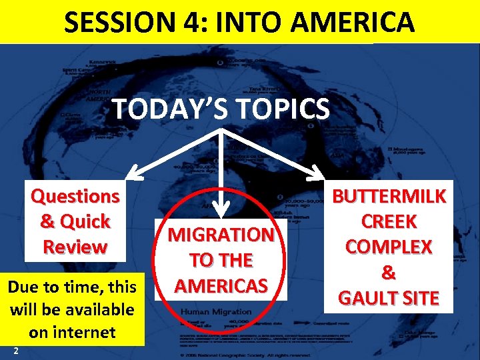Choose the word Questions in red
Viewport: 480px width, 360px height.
[75, 196]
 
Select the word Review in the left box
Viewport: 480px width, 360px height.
[75, 246]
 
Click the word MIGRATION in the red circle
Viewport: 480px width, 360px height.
[221, 235]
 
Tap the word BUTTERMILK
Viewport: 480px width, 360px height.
[389, 196]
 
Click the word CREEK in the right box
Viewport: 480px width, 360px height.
[389, 221]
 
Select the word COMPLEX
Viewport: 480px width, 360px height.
[389, 247]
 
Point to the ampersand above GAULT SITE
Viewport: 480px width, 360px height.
[389, 272]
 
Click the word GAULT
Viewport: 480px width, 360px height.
[367, 297]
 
